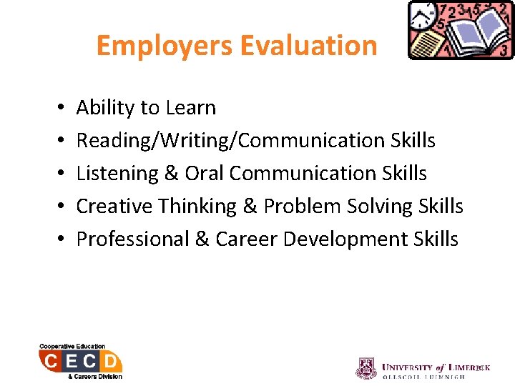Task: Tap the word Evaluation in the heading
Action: pos(309,46)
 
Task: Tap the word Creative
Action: pos(115,207)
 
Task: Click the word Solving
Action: pos(378,207)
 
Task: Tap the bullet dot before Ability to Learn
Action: pos(56,109)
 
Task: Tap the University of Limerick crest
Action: pos(366,368)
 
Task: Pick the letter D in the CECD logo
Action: pos(111,361)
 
